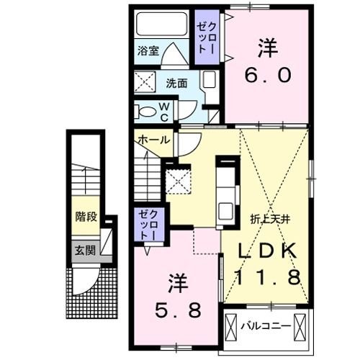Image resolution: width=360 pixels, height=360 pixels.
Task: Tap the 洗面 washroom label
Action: coord(178,83)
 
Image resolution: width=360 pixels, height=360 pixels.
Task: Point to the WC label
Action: coord(164,112)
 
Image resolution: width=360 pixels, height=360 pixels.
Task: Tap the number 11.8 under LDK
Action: coord(267,278)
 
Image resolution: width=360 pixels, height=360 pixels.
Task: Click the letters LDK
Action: coord(266,253)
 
